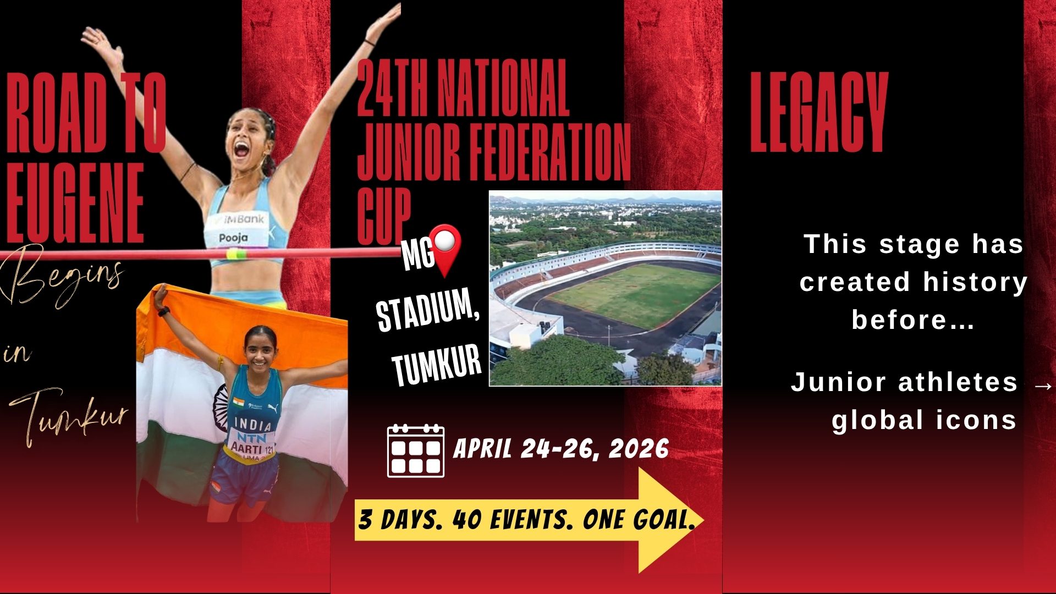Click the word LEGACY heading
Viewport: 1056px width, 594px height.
pyautogui.click(x=819, y=112)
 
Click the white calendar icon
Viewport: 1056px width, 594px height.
pyautogui.click(x=416, y=450)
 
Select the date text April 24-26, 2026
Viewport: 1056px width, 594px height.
pyautogui.click(x=561, y=449)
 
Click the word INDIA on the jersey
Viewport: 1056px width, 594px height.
pyautogui.click(x=253, y=424)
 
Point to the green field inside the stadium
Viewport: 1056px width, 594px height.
pyautogui.click(x=632, y=294)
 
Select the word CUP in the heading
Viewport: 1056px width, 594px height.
pyautogui.click(x=384, y=216)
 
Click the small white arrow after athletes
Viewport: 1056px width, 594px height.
pyautogui.click(x=1043, y=386)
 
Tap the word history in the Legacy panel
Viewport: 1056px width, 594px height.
pyautogui.click(x=975, y=282)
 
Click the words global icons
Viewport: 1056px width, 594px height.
pyautogui.click(x=924, y=420)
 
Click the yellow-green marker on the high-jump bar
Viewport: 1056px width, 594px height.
pyautogui.click(x=237, y=254)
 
